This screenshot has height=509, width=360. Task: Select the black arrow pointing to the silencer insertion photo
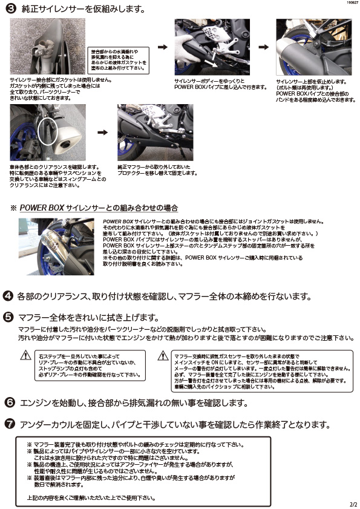point(162,46)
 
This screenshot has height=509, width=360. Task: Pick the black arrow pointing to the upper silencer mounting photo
point(264,46)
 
